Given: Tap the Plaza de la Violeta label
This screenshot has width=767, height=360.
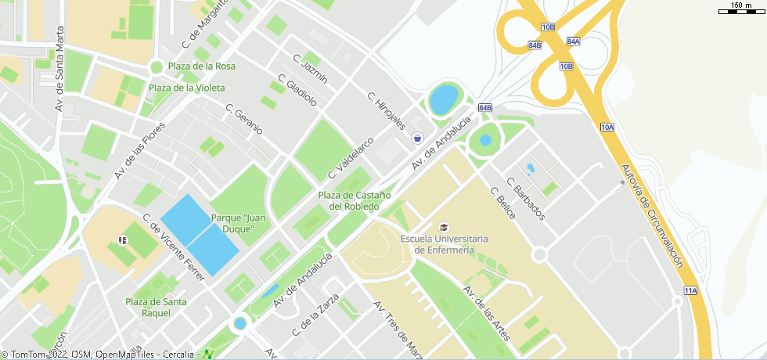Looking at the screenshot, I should pos(187,88).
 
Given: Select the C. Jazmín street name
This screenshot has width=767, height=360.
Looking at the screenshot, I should pos(310,69).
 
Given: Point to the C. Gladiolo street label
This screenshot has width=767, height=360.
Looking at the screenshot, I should pos(297,90).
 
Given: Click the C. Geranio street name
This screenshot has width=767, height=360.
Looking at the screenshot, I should pos(244,119).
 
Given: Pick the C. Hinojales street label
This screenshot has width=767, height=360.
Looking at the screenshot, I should pos(387,111).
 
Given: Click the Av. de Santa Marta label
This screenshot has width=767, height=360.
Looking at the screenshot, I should pos(59,69).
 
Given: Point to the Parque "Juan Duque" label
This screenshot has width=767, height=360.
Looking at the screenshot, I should pos(232,223).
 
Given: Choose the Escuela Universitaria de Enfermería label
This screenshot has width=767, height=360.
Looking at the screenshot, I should pos(444,244).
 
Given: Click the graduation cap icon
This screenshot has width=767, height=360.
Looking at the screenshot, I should pos(445,226).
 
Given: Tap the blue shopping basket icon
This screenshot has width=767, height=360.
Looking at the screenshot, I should pos(418,138).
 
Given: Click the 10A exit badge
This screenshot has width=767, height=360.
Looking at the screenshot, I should pos(607,126).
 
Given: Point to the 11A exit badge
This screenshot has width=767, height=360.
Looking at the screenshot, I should pos(690,290).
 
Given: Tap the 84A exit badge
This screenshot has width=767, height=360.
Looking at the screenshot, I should pos(573,41).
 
